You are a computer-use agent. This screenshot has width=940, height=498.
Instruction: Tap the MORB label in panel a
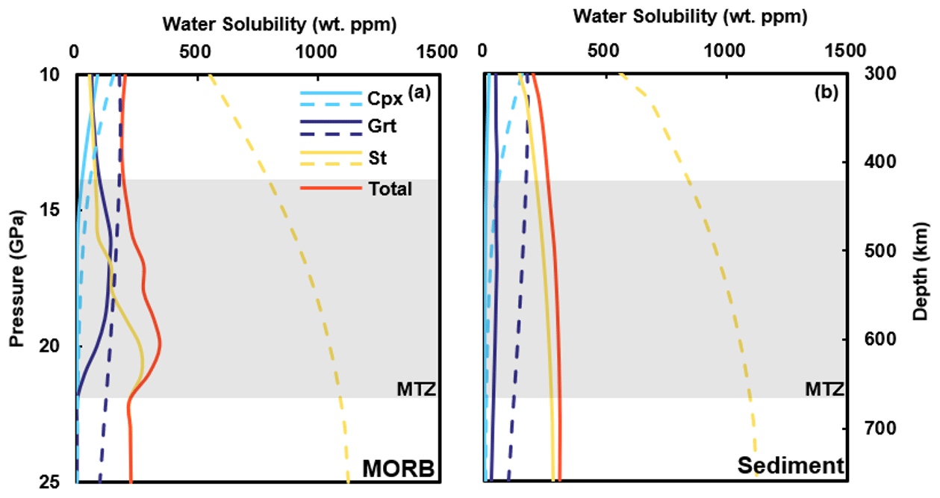pyautogui.click(x=398, y=468)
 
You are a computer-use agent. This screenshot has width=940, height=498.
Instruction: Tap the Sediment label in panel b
pyautogui.click(x=791, y=466)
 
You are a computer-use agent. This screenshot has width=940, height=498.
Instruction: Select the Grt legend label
pyautogui.click(x=382, y=127)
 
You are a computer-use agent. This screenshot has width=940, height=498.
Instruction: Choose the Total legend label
pyautogui.click(x=390, y=189)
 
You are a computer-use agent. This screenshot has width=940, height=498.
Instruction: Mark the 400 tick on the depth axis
pyautogui.click(x=880, y=162)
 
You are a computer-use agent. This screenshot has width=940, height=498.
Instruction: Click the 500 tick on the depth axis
pyautogui.click(x=880, y=251)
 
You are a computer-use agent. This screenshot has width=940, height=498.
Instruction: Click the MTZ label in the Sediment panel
pyautogui.click(x=824, y=388)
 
